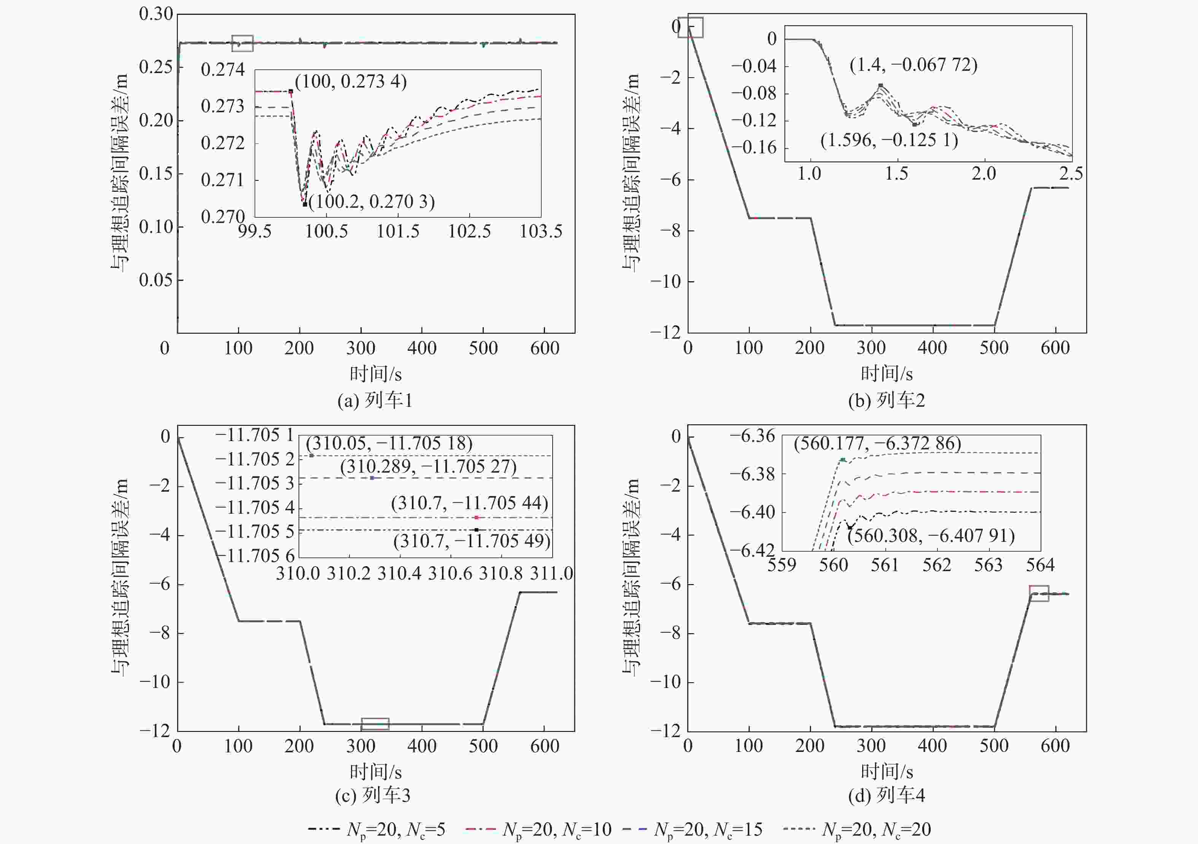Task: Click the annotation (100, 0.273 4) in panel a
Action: [351, 82]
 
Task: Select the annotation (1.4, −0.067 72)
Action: [913, 65]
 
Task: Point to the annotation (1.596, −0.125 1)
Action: [889, 140]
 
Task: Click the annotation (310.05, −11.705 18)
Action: [389, 444]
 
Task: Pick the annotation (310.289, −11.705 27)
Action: [428, 467]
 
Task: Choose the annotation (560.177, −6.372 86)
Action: [877, 444]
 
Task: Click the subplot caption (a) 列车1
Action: [375, 401]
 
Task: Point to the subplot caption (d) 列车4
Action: [887, 795]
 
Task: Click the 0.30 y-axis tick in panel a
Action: [156, 14]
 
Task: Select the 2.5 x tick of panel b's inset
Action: [1071, 174]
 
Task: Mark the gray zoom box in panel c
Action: [375, 724]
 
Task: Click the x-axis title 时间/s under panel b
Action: [887, 374]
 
